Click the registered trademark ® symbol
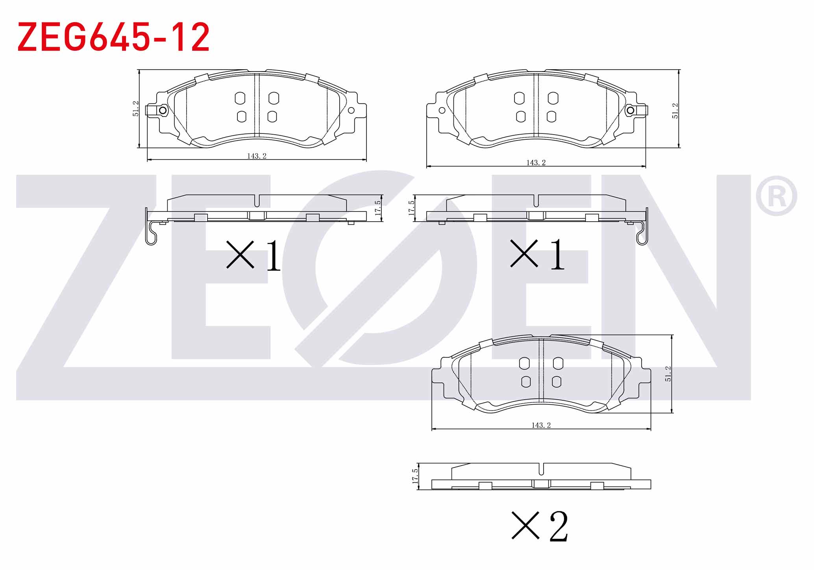pyautogui.click(x=776, y=196)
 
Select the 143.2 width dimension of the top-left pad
pyautogui.click(x=257, y=156)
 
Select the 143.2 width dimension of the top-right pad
pyautogui.click(x=536, y=163)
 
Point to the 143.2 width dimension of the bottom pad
pyautogui.click(x=541, y=425)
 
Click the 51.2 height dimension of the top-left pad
pyautogui.click(x=136, y=109)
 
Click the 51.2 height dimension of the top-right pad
pyautogui.click(x=675, y=111)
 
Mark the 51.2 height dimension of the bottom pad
pyautogui.click(x=668, y=374)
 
